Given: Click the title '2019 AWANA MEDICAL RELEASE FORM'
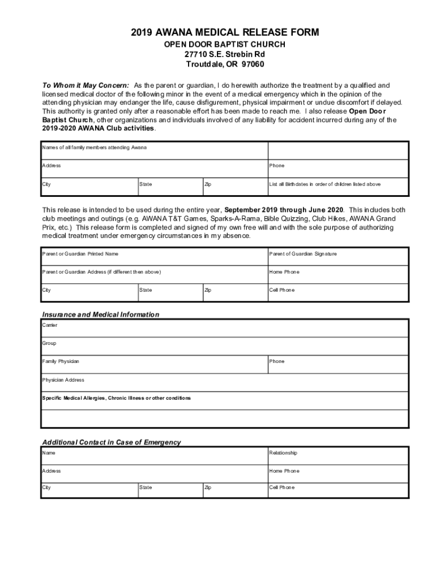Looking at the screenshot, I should tap(225, 33).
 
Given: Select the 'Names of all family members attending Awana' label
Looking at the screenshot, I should tap(95, 148).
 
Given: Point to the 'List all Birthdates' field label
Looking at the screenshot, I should tap(325, 184).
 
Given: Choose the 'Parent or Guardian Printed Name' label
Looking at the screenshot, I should tap(80, 254).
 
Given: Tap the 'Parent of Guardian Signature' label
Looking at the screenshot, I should tap(303, 254).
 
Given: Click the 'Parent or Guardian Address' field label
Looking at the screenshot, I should tap(101, 272).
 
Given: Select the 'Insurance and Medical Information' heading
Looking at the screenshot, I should tap(101, 314).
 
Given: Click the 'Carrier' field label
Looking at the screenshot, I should tap(50, 325).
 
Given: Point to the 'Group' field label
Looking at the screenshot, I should tap(49, 343).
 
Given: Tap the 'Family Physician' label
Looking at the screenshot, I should tap(61, 361).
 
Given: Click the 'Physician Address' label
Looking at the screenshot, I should tap(63, 380).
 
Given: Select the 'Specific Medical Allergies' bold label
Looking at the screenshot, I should tap(116, 398).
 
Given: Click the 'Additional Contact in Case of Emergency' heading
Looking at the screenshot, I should tap(112, 442).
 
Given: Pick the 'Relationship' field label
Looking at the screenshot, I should tap(283, 453).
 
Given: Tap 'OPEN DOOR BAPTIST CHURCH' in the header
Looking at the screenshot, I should tap(225, 44).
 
